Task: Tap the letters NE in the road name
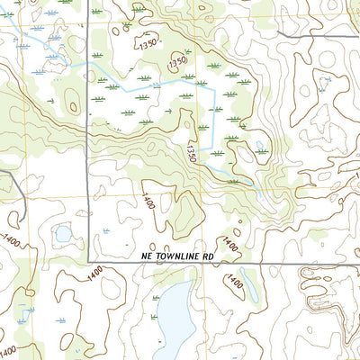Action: [148, 256]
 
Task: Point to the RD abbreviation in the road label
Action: [207, 256]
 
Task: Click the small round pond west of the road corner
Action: [63, 235]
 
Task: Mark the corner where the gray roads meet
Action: [88, 262]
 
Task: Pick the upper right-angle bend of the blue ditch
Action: [212, 88]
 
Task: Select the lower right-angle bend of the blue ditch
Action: [212, 149]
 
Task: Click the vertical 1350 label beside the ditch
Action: [192, 148]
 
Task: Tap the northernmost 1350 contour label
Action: [146, 41]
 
